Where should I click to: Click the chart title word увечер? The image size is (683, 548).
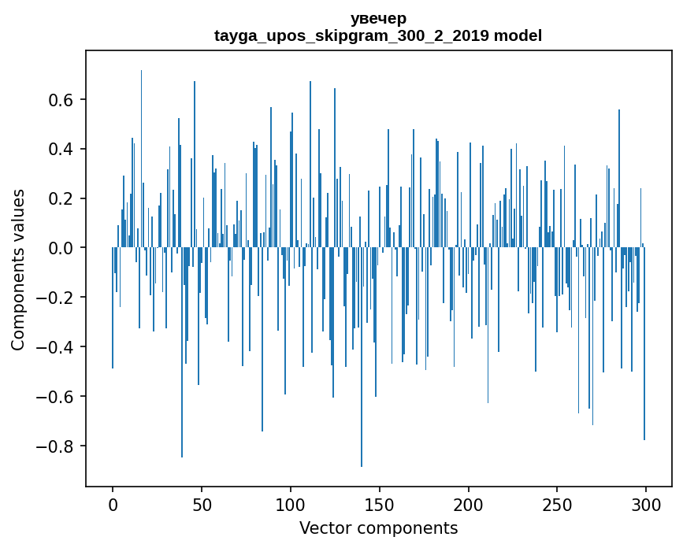[x=378, y=18]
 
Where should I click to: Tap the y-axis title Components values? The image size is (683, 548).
[x=18, y=269]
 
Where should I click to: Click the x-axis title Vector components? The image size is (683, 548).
[x=378, y=528]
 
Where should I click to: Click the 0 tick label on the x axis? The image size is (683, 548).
[x=113, y=504]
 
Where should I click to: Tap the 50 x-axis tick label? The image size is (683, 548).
[x=202, y=504]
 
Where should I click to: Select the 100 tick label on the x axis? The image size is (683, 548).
[x=291, y=504]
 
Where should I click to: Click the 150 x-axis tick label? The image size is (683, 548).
[x=380, y=504]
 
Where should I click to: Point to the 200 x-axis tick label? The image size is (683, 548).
[x=469, y=504]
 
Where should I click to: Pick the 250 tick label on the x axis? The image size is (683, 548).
[x=558, y=504]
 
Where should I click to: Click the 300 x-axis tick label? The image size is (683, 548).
[x=647, y=504]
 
